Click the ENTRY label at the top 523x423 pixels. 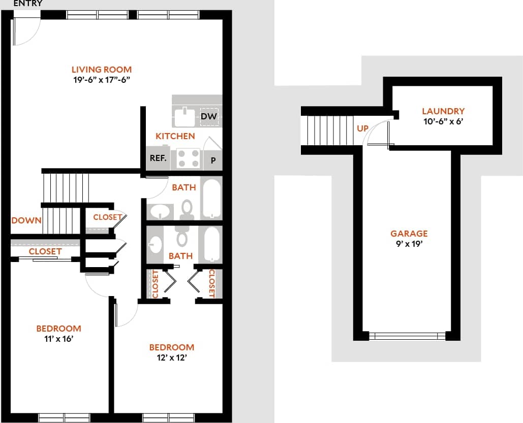(27, 4)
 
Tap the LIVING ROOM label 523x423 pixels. (101, 70)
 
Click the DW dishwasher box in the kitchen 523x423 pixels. (209, 117)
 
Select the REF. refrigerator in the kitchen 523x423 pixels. (158, 158)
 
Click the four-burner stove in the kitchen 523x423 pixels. (188, 158)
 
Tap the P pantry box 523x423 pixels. (213, 160)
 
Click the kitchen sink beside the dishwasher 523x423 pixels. (184, 117)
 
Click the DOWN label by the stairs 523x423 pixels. (26, 220)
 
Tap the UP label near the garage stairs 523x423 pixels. (362, 128)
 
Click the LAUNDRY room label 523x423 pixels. (443, 111)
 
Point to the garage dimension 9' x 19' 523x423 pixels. (409, 244)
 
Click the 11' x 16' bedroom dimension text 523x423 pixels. (58, 339)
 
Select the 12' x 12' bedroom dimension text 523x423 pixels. (171, 357)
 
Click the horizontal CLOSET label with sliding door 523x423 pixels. (45, 251)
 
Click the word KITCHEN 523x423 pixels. (175, 136)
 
